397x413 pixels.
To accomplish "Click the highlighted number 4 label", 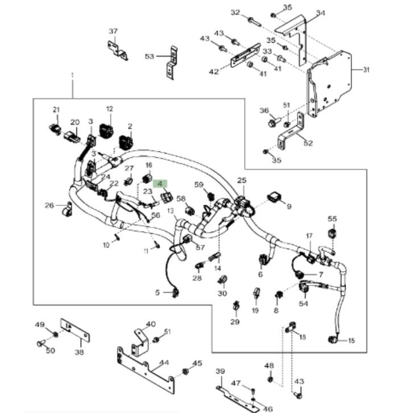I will [x=160, y=184].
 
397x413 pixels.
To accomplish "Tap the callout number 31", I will [x=366, y=70].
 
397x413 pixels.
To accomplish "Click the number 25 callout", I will [x=242, y=181].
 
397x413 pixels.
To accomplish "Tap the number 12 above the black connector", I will [x=109, y=108].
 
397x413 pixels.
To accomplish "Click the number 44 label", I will [x=164, y=362].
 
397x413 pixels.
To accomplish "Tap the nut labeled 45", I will [x=185, y=372].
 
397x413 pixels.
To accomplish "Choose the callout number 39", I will [x=221, y=371].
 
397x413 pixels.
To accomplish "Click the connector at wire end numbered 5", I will [x=176, y=293].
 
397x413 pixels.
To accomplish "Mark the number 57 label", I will [x=200, y=247].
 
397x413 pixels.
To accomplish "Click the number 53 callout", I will [x=150, y=56].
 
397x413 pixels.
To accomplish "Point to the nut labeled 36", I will [x=271, y=122].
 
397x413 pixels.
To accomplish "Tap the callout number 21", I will [x=56, y=109].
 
